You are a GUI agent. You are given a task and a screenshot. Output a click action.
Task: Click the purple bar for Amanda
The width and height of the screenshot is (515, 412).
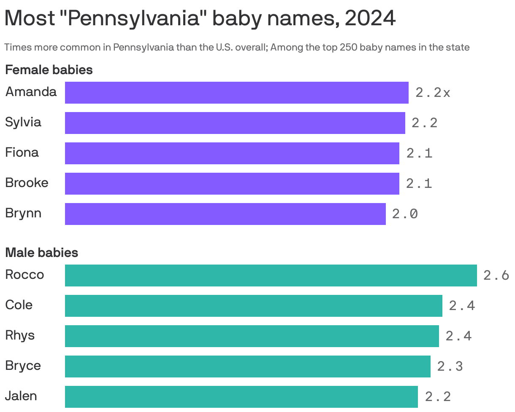(236, 93)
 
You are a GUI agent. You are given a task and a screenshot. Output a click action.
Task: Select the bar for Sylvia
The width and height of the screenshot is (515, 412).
(235, 123)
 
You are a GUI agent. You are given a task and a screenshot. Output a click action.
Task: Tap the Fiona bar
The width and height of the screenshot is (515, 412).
(232, 153)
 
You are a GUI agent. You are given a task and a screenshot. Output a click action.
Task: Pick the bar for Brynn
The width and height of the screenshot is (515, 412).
(225, 214)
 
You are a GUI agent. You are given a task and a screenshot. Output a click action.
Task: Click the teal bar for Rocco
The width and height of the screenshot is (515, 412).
(271, 276)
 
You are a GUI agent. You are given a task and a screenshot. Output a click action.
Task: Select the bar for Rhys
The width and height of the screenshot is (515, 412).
(252, 336)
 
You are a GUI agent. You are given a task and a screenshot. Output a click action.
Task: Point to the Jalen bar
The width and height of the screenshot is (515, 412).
(241, 397)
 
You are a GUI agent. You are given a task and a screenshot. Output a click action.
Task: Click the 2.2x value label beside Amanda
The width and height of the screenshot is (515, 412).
(433, 93)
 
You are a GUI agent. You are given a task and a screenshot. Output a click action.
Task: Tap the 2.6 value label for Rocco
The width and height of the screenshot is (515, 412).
(496, 276)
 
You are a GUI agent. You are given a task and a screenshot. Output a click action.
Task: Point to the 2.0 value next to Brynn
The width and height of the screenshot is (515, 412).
(405, 214)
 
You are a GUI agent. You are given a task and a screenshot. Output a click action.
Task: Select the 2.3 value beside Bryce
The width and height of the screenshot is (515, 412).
(450, 367)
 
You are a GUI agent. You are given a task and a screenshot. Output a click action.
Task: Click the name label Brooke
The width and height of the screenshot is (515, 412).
(27, 183)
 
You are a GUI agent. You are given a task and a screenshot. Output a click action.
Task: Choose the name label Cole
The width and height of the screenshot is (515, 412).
(19, 305)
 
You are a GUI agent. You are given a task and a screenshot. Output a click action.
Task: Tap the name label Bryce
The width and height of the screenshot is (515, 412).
(23, 366)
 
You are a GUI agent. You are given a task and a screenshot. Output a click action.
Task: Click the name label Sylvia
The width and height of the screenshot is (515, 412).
(23, 122)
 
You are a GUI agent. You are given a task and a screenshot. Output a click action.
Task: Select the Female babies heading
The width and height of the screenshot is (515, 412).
(49, 70)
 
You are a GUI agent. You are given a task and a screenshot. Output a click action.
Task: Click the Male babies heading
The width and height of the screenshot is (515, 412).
(41, 253)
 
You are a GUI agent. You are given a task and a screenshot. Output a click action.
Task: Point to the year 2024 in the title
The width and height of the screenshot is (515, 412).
(370, 19)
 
